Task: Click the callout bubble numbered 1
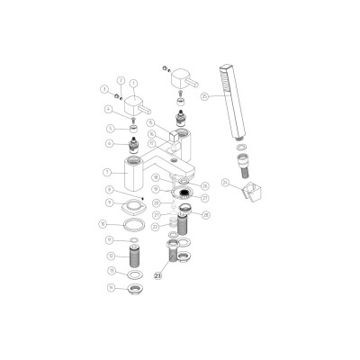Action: [x=134, y=83]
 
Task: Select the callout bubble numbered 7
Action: [x=108, y=171]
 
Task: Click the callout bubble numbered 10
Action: [x=103, y=223]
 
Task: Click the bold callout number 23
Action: [x=161, y=277]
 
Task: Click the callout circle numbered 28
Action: [x=206, y=215]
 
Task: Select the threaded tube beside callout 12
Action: [x=133, y=256]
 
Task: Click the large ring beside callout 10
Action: [x=134, y=224]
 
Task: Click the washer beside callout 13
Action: [x=134, y=273]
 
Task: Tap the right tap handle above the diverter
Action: [x=187, y=80]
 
